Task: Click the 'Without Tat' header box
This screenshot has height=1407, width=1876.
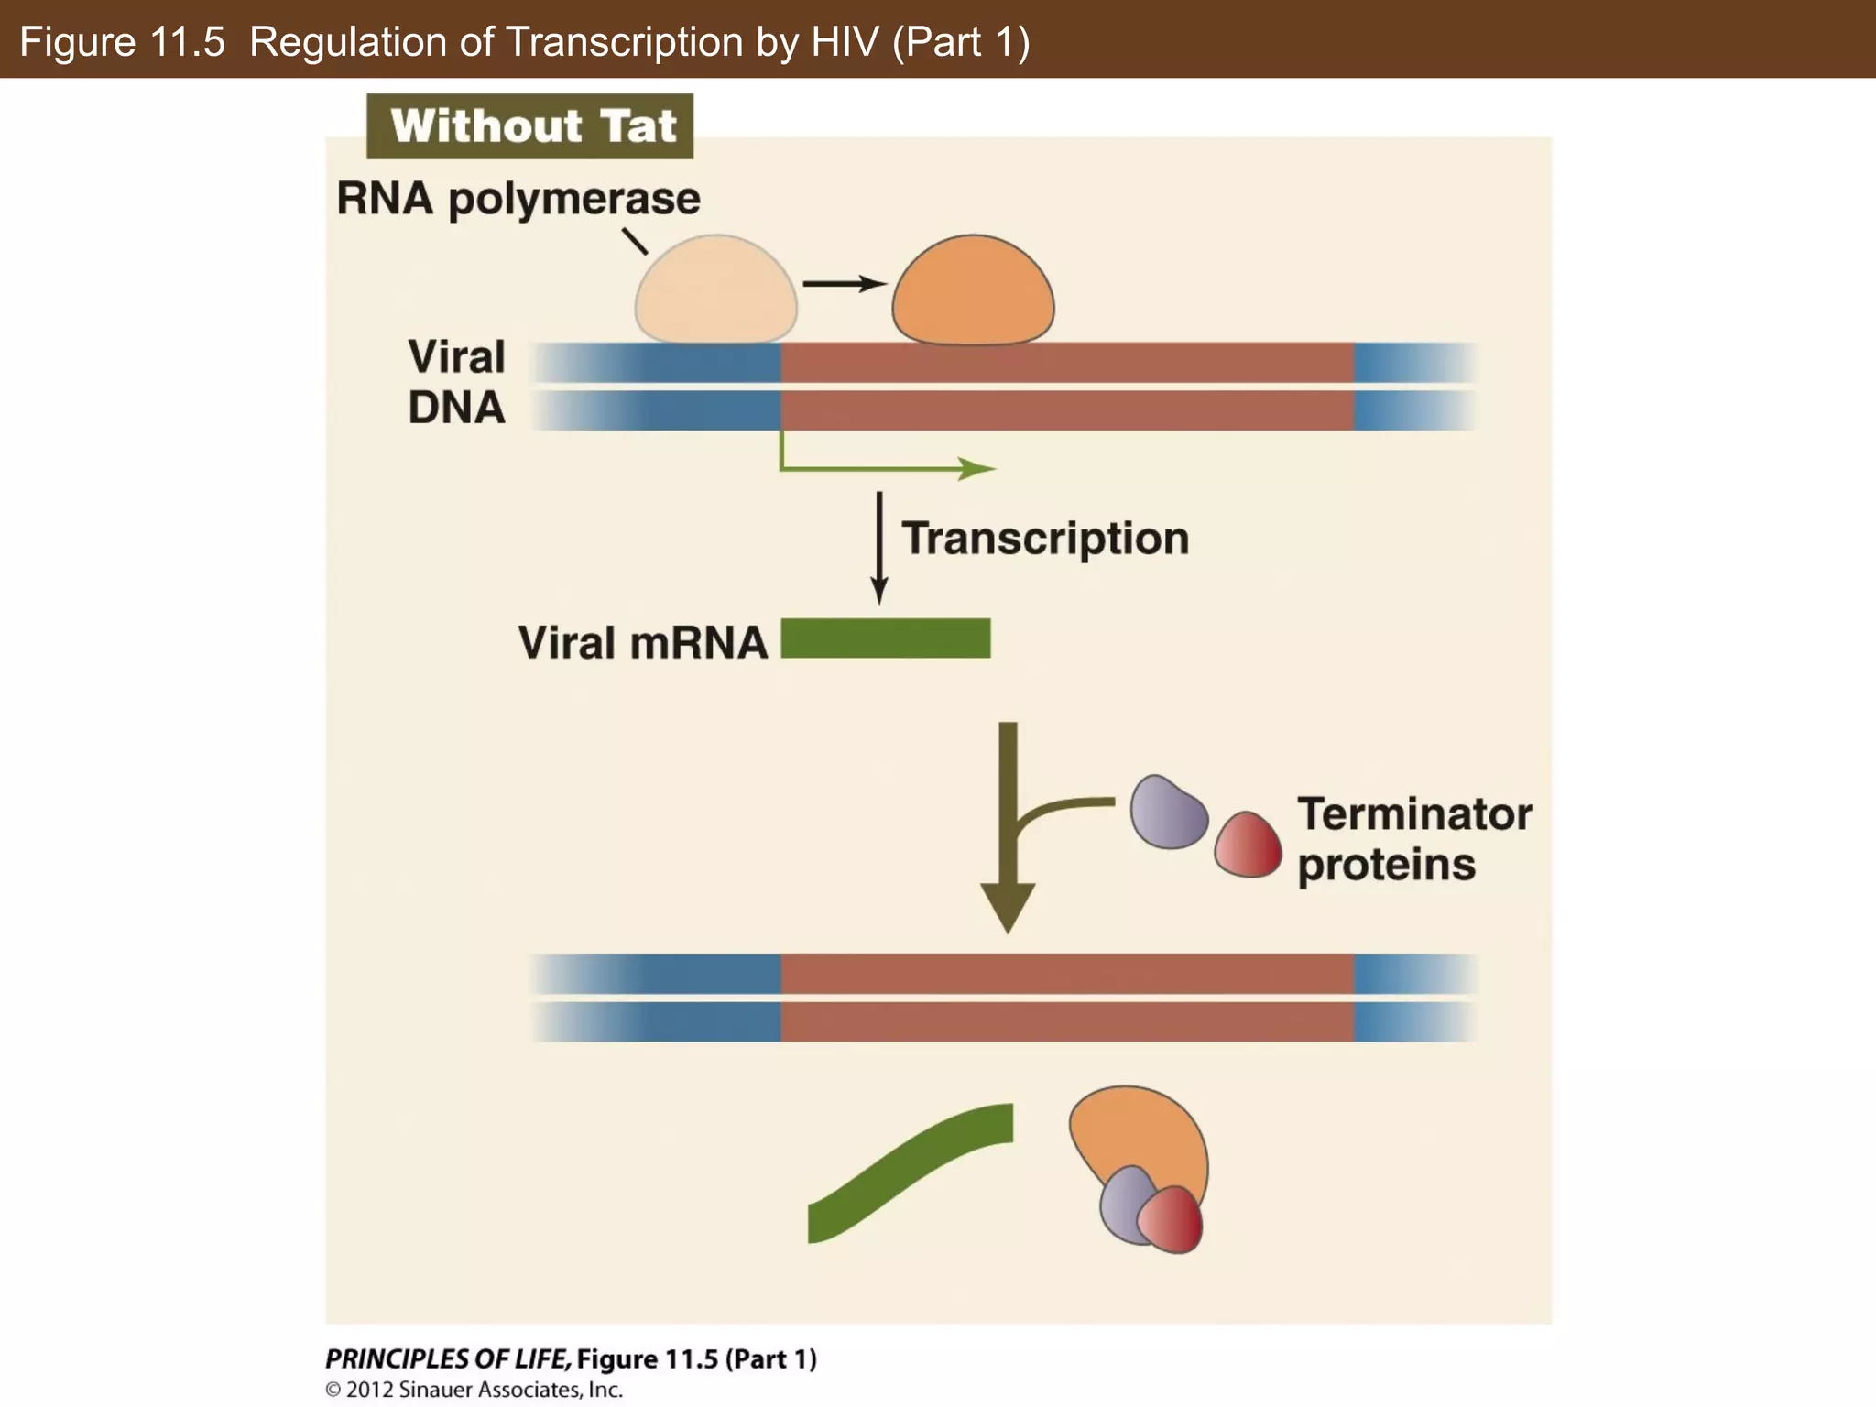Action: click(x=529, y=126)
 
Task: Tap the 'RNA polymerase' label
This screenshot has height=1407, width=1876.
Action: click(x=518, y=199)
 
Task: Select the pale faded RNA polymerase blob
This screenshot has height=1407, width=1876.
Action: click(x=715, y=292)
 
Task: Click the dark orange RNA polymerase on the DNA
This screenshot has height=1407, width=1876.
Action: click(x=973, y=292)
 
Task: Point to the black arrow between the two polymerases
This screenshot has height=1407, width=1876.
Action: click(x=843, y=284)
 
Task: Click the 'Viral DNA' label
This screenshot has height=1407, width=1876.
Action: click(x=456, y=382)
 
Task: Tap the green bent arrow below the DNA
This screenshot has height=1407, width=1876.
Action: click(x=879, y=468)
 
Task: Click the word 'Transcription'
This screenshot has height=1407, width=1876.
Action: click(x=1045, y=538)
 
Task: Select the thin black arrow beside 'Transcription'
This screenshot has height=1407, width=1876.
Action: click(x=879, y=548)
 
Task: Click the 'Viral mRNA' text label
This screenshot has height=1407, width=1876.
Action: click(x=642, y=642)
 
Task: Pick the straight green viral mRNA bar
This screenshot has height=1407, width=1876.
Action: click(x=885, y=638)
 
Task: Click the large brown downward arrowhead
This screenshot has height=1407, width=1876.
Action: click(x=1008, y=902)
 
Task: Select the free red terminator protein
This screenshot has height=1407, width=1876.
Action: click(x=1248, y=845)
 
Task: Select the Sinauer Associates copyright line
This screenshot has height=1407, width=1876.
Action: click(x=474, y=1390)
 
